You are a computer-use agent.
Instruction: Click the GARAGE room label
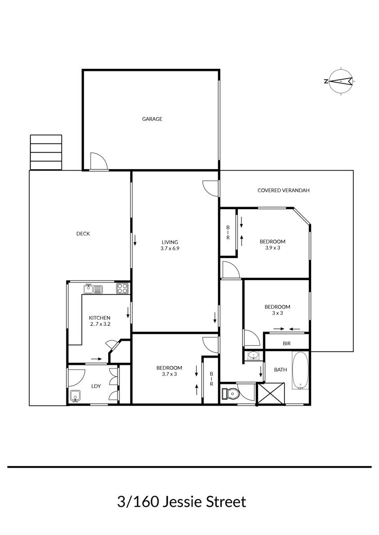[x=152, y=119]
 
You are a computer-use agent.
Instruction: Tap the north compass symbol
[x=340, y=81]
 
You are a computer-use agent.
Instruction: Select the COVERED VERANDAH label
[x=283, y=190]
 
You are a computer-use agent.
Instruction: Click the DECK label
[x=83, y=234]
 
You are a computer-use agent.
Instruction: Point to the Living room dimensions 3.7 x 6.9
[x=170, y=248]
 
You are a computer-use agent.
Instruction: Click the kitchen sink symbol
[x=93, y=289]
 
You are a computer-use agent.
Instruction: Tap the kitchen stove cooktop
[x=122, y=289]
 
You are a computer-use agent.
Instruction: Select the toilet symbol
[x=229, y=393]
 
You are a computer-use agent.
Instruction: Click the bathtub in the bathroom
[x=301, y=371]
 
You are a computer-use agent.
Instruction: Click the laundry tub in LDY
[x=75, y=396]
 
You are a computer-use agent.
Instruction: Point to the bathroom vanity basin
[x=252, y=355]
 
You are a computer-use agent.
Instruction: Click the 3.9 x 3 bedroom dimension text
[x=273, y=248]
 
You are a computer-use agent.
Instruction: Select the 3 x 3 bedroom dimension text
[x=278, y=313]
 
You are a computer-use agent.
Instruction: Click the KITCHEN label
[x=99, y=318]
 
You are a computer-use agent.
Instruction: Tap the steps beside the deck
[x=46, y=152]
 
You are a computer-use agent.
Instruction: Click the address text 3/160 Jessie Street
[x=181, y=502]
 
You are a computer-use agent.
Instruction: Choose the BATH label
[x=281, y=370]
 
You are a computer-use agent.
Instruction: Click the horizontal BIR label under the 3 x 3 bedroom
[x=287, y=344]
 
